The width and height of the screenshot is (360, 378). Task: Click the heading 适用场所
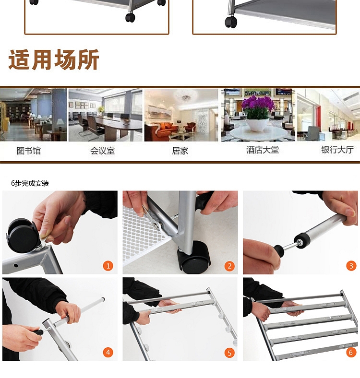(x=54, y=59)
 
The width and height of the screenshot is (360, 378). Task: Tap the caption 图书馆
(x=28, y=151)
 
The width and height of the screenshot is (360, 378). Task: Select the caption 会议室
(x=103, y=151)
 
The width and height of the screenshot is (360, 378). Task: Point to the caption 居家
(x=180, y=151)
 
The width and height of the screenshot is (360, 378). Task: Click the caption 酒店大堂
(x=263, y=150)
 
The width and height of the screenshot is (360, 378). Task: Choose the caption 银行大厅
(x=337, y=150)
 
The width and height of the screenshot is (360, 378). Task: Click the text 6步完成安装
(x=30, y=183)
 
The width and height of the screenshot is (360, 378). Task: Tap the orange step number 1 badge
(x=108, y=266)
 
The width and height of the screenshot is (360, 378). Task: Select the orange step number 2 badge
(x=229, y=266)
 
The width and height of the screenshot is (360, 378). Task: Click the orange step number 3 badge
(x=351, y=266)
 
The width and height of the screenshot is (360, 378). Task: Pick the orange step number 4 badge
(x=108, y=353)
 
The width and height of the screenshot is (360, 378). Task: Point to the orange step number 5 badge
(x=229, y=353)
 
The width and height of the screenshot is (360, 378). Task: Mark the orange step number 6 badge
(x=351, y=353)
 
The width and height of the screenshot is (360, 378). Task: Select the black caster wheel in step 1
(x=21, y=235)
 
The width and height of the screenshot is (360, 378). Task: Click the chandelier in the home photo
(x=186, y=96)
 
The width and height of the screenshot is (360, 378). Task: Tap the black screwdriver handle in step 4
(x=38, y=333)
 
